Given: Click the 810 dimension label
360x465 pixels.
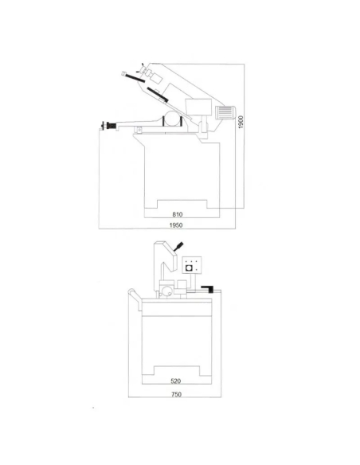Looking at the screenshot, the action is [178, 214].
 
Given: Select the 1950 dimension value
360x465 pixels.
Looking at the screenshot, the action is [176, 225].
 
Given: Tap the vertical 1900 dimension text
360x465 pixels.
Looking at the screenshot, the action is [241, 122].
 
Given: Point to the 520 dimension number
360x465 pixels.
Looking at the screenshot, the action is [175, 381].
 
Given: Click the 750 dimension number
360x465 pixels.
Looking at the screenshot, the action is [176, 394].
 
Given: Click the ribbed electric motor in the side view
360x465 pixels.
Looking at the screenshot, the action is [225, 112].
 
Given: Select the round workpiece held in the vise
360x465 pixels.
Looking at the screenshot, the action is [172, 119].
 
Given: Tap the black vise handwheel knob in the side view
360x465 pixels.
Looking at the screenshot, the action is [108, 126].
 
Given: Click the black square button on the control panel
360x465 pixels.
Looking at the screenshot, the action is [189, 268].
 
